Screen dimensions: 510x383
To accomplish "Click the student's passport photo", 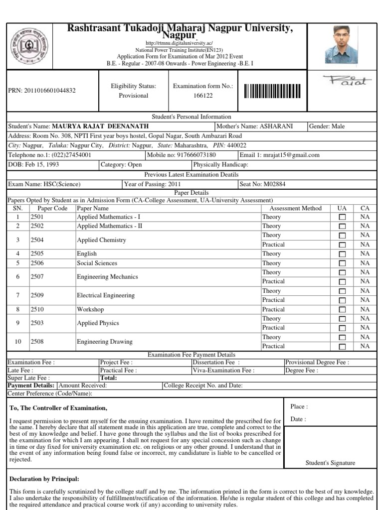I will tap(345, 47).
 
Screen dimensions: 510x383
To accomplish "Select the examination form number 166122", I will tap(202, 95).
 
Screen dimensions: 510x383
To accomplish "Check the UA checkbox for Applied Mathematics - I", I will tap(342, 217).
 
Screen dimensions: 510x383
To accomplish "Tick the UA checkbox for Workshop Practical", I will tap(342, 310).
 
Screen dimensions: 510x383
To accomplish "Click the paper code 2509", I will tap(37, 295).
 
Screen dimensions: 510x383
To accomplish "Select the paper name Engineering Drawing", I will tap(105, 342).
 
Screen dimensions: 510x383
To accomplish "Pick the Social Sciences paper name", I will tap(97, 263).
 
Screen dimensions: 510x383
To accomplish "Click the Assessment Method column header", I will tap(295, 208).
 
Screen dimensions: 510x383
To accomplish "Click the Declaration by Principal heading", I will tap(44, 479).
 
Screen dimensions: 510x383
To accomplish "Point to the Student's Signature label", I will tap(330, 463).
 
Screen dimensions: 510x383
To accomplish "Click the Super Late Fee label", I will tap(28, 378).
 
